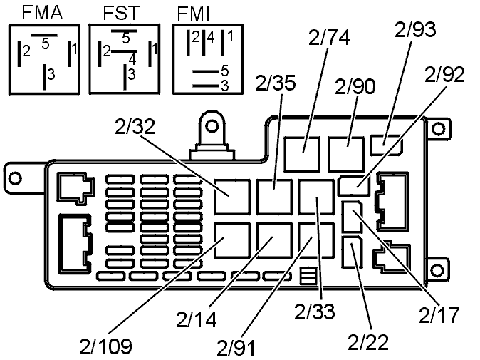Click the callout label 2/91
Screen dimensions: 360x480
coord(238,347)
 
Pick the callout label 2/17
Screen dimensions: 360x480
coord(439,313)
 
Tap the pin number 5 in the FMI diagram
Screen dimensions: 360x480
coord(225,71)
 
